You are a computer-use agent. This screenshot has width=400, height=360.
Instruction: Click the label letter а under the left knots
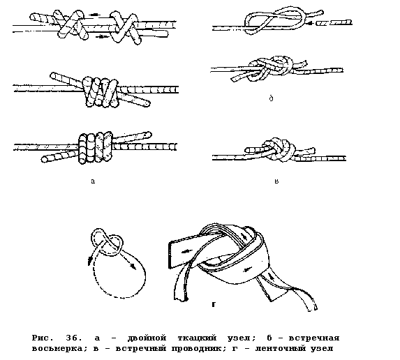pos(93,181)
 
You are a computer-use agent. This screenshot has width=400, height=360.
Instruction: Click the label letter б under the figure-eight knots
pos(271,98)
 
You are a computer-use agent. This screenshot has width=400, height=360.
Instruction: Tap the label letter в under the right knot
pos(276,181)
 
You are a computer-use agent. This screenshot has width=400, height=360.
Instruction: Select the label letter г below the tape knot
pos(214,304)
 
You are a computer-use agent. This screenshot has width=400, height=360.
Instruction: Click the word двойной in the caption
pos(147,338)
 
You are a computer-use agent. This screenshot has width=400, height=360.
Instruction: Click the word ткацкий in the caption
pos(197,338)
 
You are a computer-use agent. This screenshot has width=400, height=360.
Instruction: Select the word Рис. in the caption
pos(43,338)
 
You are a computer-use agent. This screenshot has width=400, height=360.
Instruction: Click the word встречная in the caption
pos(314,338)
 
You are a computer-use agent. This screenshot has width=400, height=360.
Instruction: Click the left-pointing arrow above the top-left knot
pos(95,15)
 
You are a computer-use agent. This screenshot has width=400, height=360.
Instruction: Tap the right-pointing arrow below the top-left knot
pos(102,36)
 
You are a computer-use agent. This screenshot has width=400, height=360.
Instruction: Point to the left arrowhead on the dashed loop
pos(90,261)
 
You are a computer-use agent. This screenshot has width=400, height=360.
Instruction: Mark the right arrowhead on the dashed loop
pos(133,266)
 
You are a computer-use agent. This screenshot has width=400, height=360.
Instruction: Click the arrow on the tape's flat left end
pos(186,252)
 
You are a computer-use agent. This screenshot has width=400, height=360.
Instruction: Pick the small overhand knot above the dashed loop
pos(107,242)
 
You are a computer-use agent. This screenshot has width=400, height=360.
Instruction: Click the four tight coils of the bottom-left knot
pos(96,148)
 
